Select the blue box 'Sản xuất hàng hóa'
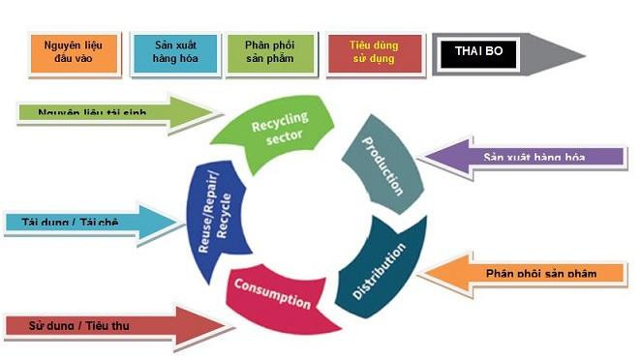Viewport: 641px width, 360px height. pos(174,52)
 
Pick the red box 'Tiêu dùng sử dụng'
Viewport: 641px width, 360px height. pos(374,52)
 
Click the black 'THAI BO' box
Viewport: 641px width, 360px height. pos(478,54)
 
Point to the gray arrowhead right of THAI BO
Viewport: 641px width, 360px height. pos(562,54)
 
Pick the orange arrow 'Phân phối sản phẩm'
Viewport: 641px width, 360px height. pos(528,273)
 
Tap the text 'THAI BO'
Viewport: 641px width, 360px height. pos(478,54)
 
